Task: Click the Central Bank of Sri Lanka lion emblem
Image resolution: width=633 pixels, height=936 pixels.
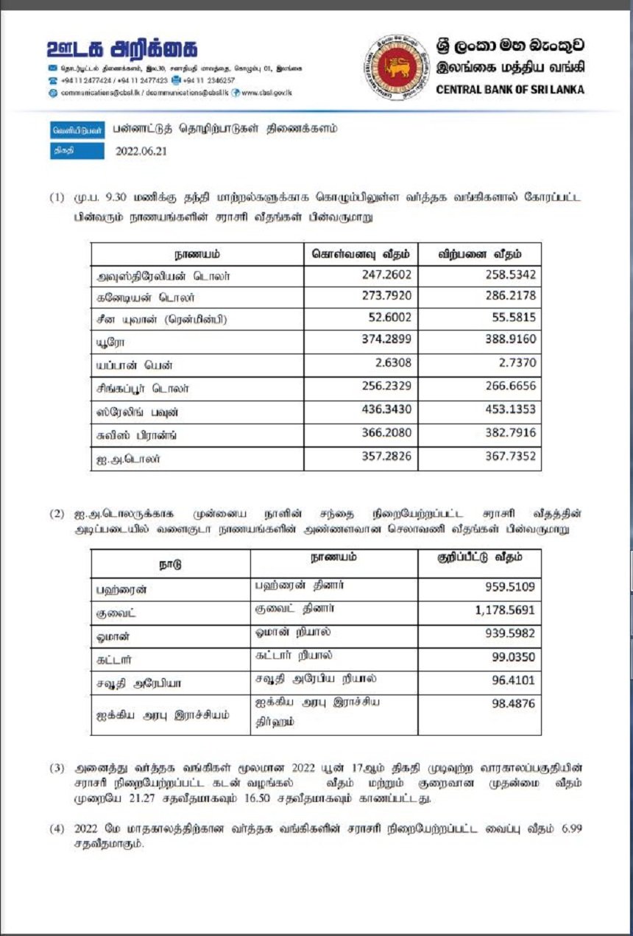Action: click(x=395, y=67)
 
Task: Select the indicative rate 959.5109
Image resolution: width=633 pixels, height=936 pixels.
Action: click(x=509, y=589)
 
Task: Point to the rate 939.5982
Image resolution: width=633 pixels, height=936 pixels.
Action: click(x=509, y=634)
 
